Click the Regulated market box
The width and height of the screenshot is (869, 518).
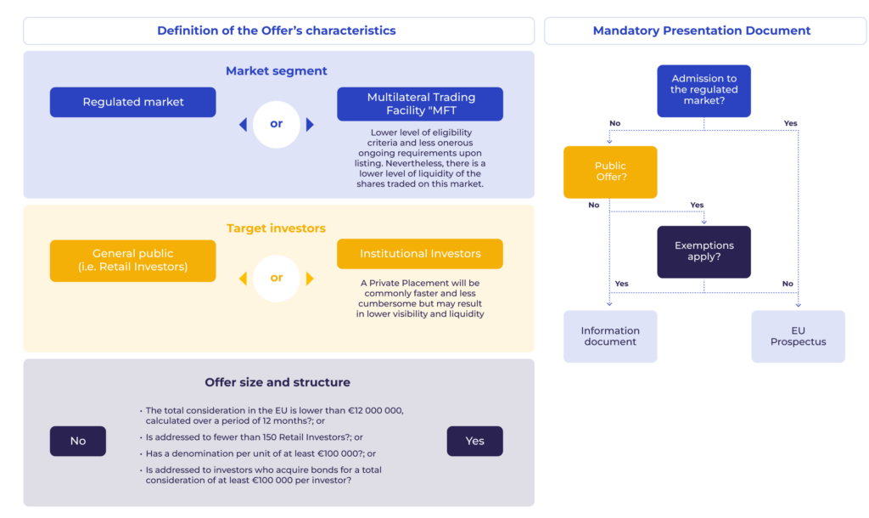point(133,102)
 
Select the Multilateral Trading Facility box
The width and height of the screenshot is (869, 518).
point(420,104)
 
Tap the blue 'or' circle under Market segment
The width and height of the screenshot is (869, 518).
point(277,124)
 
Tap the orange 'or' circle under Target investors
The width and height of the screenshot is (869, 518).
point(277,278)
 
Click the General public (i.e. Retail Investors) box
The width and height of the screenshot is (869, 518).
point(133,261)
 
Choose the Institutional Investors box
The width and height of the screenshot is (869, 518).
point(420,254)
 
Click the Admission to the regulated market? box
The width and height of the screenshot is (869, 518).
point(704,91)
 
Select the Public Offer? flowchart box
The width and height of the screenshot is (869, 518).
point(610,172)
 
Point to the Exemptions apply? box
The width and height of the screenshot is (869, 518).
point(704,252)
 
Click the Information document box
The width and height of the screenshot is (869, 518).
point(610,336)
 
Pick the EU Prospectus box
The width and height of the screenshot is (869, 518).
point(798,336)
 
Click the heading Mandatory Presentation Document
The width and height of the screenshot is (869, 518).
point(702,31)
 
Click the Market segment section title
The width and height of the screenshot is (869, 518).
point(277,71)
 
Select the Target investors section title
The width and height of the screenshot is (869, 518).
point(276,228)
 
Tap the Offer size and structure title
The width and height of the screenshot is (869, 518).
point(278,382)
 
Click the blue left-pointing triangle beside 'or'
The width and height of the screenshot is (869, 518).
point(244,124)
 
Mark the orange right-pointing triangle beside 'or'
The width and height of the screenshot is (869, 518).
point(310,278)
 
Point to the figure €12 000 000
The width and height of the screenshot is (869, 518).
point(376,410)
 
